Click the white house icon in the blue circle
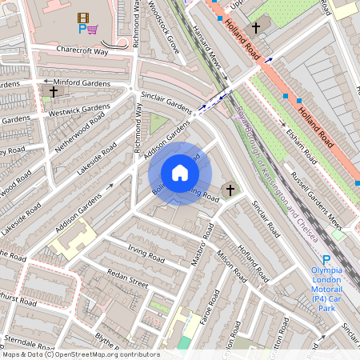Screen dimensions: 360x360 coord(180,173)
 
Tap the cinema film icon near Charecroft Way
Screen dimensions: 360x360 coord(83,17)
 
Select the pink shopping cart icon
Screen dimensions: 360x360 coord(94,30)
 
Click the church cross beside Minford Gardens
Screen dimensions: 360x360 coord(54,92)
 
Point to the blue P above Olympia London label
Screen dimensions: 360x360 coord(326,260)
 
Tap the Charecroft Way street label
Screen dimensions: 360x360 coord(82,50)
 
